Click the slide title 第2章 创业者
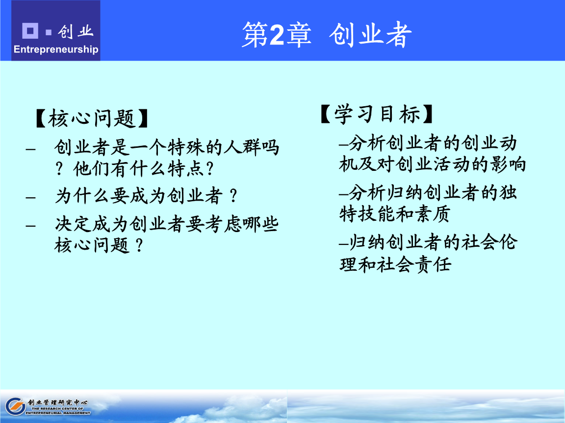coord(326,34)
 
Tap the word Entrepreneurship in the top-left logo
coord(56,49)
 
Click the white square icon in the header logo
coord(30,31)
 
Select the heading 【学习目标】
coord(377,115)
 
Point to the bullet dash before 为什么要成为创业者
coord(30,197)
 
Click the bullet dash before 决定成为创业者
coord(30,225)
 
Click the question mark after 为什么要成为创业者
coord(234,196)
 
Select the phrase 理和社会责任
coord(394,264)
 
